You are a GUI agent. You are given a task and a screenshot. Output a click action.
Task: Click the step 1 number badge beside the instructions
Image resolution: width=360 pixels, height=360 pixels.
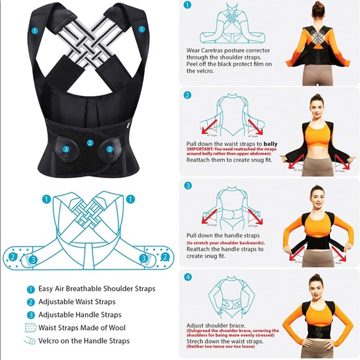187,4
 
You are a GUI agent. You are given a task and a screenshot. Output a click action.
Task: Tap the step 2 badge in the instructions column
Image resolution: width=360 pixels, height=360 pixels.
187,95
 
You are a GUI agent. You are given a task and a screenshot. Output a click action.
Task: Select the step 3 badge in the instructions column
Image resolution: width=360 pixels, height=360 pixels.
187,185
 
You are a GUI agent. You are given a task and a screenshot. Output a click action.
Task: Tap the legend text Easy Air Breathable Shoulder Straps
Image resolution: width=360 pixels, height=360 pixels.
97,289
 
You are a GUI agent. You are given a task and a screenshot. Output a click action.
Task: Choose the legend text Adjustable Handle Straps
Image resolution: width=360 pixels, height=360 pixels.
79,315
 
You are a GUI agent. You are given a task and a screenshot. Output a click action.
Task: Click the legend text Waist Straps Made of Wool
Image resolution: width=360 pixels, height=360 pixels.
84,328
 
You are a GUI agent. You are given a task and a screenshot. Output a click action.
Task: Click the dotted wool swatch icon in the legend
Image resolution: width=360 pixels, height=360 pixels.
30,328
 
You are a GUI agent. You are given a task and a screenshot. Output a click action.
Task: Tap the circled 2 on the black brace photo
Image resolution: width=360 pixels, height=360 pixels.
90,143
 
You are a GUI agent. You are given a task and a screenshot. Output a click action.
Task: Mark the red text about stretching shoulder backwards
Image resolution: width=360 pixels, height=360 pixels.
226,242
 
